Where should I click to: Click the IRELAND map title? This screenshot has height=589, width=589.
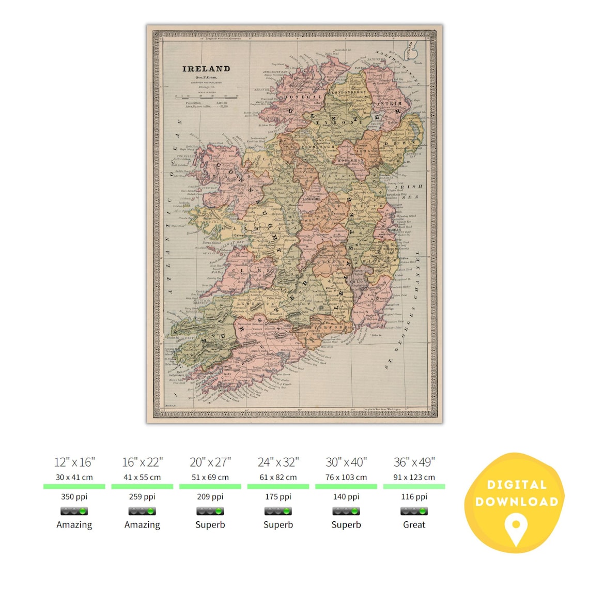206,69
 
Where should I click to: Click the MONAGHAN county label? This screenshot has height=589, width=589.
351,161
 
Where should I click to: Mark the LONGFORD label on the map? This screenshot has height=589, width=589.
312,198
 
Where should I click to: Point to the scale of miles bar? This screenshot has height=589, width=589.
206,96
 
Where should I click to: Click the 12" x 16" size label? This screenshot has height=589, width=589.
74,462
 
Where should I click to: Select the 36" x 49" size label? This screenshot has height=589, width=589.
414,462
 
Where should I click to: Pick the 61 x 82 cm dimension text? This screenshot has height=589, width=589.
278,477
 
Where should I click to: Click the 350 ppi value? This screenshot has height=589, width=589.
74,497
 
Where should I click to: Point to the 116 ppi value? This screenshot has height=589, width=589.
414,497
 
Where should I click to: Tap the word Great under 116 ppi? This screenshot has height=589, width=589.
414,524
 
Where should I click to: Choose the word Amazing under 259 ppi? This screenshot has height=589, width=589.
142,524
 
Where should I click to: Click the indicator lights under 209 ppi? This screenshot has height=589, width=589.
210,511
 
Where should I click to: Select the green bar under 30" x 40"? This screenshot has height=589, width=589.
346,486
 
